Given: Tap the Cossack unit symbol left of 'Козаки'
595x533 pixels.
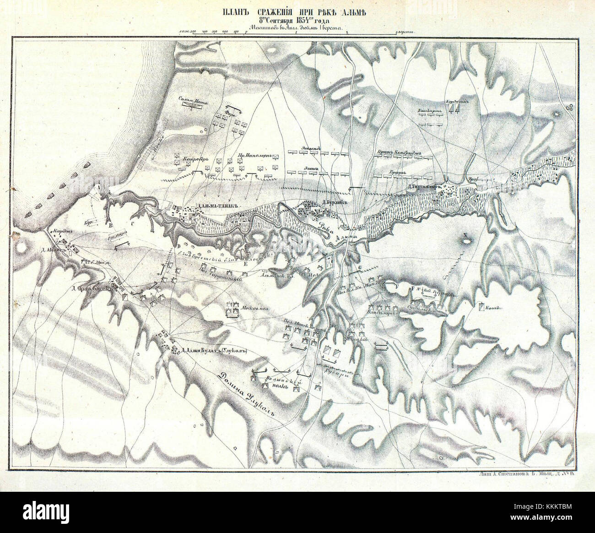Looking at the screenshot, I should [481, 307].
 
